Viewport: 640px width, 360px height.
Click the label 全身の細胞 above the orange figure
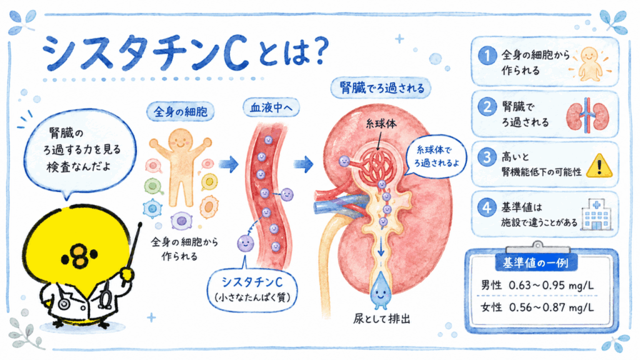[x=181, y=111]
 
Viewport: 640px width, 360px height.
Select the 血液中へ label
[x=271, y=107]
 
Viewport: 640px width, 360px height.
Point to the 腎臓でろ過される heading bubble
[x=381, y=87]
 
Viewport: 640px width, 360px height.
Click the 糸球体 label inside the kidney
[x=381, y=124]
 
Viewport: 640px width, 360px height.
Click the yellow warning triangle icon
[x=599, y=166]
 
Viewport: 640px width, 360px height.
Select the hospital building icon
[x=596, y=215]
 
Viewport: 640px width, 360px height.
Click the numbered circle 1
[x=487, y=56]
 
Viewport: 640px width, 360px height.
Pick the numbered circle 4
[x=487, y=207]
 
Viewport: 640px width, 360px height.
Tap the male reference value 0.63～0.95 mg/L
[x=551, y=285]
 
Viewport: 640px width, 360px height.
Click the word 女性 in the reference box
[x=491, y=307]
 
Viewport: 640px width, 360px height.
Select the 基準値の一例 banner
[x=536, y=263]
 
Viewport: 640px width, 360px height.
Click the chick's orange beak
[x=79, y=256]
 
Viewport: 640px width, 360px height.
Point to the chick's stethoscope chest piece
[x=63, y=304]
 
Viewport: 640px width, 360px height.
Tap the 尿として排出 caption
[x=382, y=319]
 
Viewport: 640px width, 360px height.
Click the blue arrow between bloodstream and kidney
[x=304, y=164]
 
